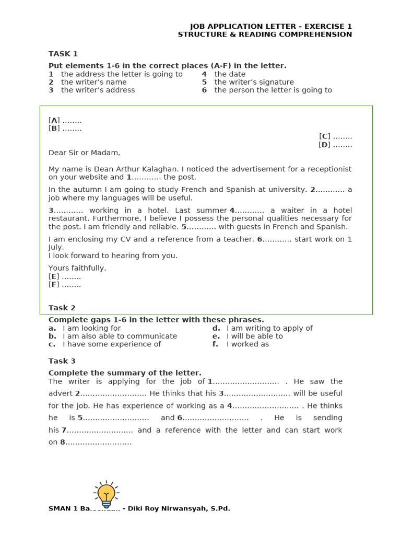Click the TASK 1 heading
tap(63, 54)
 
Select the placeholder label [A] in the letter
tap(54, 120)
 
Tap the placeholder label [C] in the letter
tap(325, 136)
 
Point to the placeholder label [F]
tap(54, 285)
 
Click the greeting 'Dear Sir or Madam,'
tap(84, 153)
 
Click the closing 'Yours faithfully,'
tap(77, 268)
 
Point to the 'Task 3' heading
tap(62, 361)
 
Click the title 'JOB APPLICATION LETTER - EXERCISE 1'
tap(270, 27)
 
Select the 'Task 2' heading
tap(62, 308)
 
